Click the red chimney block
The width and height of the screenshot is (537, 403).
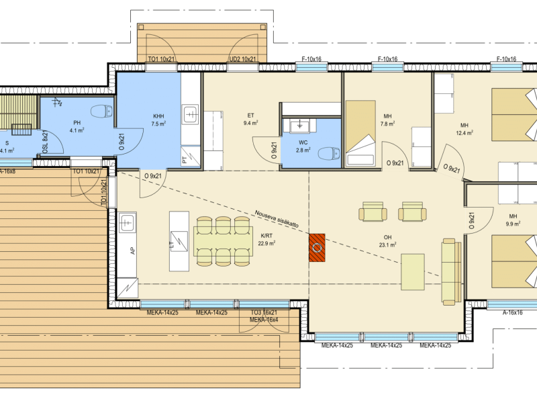(317, 248)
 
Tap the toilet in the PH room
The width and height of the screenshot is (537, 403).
(101, 111)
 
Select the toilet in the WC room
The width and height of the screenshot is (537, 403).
(329, 154)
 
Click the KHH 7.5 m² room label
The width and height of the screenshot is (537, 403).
(158, 120)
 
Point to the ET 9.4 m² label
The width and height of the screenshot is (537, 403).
(250, 120)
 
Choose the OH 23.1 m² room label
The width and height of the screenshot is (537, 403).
(387, 241)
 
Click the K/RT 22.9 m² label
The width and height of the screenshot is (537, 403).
(266, 240)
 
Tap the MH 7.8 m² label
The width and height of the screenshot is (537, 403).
(387, 120)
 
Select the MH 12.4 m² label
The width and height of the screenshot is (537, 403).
(465, 129)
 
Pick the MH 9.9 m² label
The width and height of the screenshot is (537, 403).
(513, 220)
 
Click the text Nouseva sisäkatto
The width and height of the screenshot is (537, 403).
(277, 219)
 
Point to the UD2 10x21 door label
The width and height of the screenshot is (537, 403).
(242, 59)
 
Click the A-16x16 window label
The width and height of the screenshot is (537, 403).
(512, 312)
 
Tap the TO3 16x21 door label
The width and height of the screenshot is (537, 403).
(264, 312)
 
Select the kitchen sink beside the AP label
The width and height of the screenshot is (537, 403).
(127, 222)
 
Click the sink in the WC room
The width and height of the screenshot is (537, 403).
(300, 126)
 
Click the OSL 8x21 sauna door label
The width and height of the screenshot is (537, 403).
(45, 142)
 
